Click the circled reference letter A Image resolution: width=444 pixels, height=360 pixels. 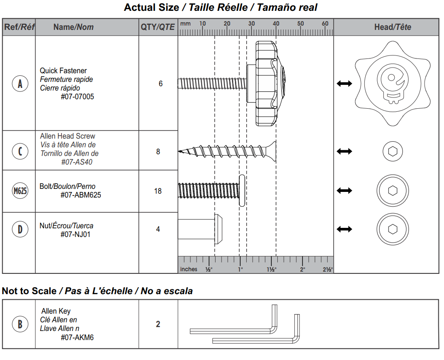(20, 84)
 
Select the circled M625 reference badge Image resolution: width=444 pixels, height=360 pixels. (20, 191)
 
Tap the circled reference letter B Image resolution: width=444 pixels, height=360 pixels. (20, 324)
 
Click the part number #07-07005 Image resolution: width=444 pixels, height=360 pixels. (77, 97)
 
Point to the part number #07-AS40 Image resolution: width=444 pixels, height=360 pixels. (77, 162)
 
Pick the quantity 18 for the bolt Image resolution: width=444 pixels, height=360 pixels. (158, 191)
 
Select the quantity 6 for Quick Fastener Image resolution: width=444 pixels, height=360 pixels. (161, 84)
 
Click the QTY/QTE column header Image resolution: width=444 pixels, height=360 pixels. (158, 27)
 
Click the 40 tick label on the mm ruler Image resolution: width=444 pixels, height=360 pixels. (276, 24)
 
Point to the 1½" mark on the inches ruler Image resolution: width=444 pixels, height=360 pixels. (271, 269)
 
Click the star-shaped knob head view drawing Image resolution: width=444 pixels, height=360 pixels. (393, 83)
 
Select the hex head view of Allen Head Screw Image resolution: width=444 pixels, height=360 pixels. (393, 151)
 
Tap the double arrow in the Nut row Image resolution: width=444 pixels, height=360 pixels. (344, 229)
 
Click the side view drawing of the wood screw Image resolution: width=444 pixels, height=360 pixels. (227, 151)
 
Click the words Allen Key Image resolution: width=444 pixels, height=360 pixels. (56, 311)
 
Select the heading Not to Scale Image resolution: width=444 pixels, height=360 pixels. (29, 291)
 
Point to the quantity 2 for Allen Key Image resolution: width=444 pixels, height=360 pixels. (158, 324)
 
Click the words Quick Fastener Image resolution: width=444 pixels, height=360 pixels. (63, 71)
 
